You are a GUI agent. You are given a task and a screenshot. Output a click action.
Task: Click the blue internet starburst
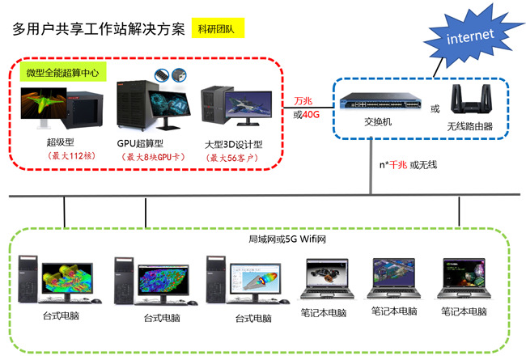coord(469,36)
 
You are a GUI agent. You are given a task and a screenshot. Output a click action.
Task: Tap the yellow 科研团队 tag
coord(218,29)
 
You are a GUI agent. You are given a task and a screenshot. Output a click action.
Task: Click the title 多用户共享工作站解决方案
coord(99,29)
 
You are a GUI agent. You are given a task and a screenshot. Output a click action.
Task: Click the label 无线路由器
coord(469,127)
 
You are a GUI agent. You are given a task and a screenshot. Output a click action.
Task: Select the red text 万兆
coord(303,101)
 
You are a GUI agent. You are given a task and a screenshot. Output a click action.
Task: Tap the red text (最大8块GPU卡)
coord(149,156)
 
